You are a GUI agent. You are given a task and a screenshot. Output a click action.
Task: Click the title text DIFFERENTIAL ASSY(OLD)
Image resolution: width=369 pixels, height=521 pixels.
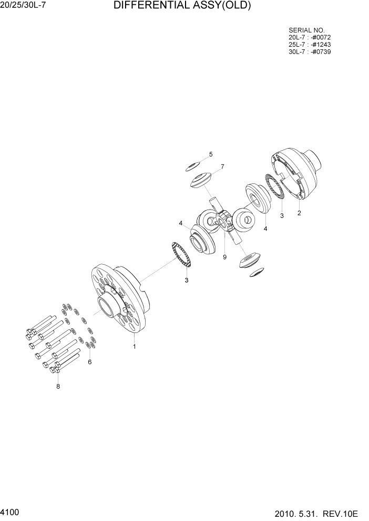pos(182,6)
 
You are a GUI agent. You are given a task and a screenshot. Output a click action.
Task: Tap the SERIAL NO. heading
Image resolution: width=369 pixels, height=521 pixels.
pos(306,30)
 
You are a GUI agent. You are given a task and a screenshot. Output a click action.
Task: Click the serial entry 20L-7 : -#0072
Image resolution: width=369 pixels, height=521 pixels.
pos(310,38)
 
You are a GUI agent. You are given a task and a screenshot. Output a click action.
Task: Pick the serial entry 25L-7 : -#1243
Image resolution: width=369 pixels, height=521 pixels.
pos(310,45)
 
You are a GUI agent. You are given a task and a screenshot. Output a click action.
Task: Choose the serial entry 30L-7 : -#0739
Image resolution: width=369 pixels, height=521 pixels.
pos(310,51)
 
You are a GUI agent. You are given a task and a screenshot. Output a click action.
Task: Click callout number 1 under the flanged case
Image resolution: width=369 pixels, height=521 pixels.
pos(135,347)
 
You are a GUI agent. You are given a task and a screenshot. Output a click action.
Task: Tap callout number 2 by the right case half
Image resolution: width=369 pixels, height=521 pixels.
pos(299,213)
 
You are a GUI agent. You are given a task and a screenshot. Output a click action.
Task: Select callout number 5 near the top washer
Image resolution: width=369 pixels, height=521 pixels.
pos(211,154)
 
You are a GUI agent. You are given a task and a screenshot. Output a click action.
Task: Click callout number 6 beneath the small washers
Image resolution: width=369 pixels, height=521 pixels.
pos(89,362)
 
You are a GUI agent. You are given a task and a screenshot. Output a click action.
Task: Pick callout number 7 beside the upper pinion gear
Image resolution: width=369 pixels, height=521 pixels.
pos(222,167)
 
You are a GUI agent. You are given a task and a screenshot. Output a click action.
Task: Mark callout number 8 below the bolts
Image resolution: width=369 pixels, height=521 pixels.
pos(58,387)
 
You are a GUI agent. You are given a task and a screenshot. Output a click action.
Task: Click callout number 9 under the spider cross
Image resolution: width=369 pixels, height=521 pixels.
pos(224,257)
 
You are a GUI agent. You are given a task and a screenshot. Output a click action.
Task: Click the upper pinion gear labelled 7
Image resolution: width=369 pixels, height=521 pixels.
pos(201,181)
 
